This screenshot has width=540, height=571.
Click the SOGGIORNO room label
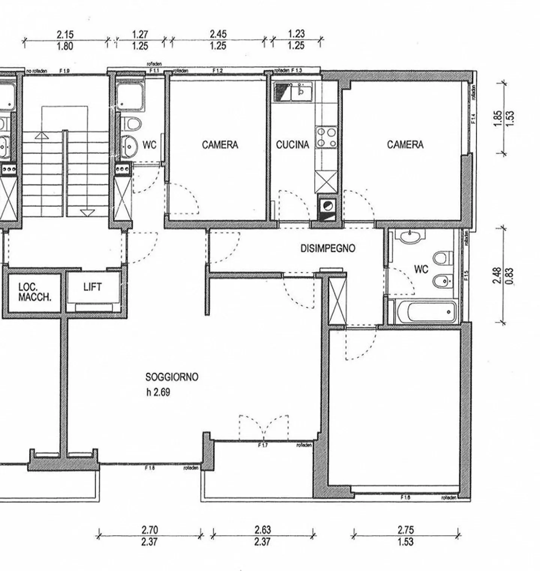click(172, 377)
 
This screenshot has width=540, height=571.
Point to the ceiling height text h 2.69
click(158, 392)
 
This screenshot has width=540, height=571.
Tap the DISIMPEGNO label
click(328, 248)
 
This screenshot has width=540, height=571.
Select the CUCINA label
click(292, 145)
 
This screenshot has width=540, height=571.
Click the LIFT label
click(92, 287)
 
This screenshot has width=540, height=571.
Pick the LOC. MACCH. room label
click(34, 292)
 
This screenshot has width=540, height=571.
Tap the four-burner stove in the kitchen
click(326, 137)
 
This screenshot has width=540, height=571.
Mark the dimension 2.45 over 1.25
click(218, 40)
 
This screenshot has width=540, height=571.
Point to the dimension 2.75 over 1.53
click(405, 536)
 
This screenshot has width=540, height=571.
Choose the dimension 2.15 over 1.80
click(65, 40)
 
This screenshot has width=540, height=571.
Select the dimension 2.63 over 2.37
click(262, 536)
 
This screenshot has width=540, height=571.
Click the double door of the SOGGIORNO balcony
click(264, 428)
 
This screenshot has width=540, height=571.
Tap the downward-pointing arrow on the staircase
click(87, 213)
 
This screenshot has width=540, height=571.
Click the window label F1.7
click(262, 446)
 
